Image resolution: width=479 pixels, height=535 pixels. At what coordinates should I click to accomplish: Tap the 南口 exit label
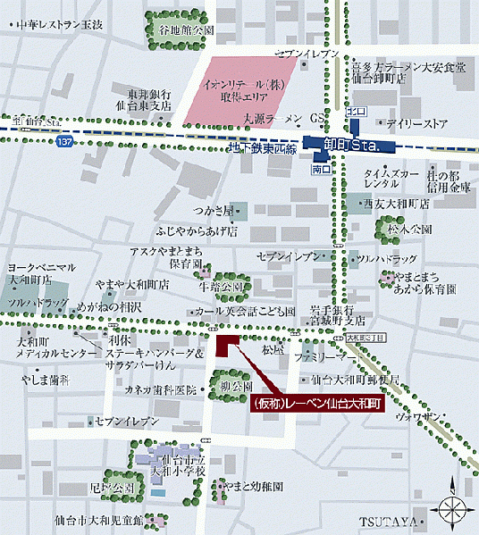[321, 167]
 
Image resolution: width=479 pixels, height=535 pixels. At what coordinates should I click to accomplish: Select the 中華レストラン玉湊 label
[55, 25]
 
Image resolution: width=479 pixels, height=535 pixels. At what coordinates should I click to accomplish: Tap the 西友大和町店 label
[397, 204]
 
